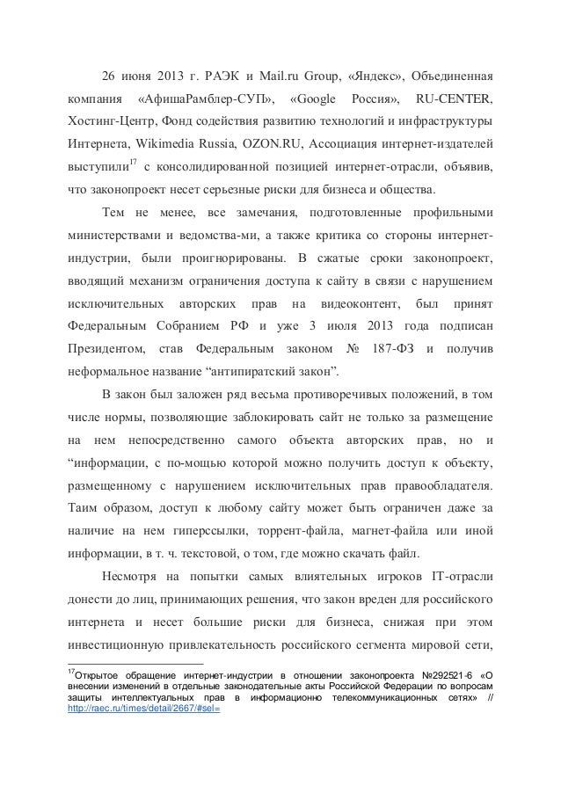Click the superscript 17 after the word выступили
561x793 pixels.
(133, 162)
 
